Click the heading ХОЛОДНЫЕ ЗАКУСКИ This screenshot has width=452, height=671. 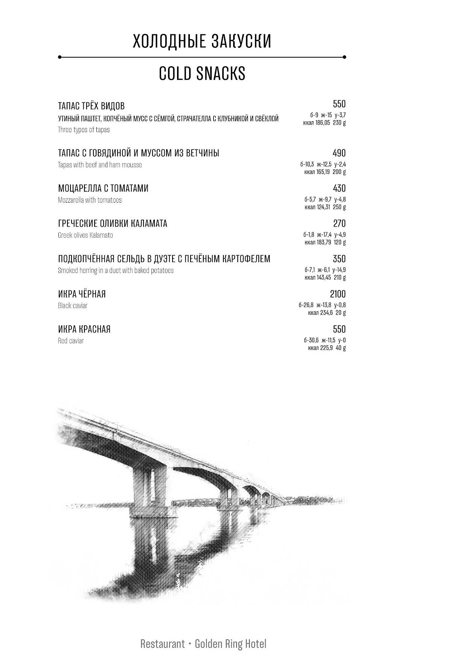(202, 41)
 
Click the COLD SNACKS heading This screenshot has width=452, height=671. (202, 73)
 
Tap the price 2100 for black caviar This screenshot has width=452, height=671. (338, 294)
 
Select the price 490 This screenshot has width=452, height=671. (339, 153)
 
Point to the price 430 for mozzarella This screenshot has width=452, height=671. (339, 188)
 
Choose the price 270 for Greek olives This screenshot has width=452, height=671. (339, 224)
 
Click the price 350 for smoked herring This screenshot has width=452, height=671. (339, 259)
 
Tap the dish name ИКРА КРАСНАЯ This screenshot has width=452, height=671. (84, 329)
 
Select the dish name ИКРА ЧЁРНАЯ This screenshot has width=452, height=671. (82, 294)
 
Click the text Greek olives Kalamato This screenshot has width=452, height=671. (85, 235)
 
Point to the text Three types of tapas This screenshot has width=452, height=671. (84, 130)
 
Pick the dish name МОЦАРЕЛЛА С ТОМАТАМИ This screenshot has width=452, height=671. (103, 188)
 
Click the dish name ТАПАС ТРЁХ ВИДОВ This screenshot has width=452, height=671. (91, 106)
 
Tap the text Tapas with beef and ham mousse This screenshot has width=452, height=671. (100, 165)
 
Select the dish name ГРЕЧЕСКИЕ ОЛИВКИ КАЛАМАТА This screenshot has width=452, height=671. (113, 224)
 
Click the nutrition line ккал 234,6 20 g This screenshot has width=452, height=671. (327, 313)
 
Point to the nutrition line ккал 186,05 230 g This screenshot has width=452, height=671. (324, 123)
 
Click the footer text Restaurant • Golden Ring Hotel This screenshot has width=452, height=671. (203, 644)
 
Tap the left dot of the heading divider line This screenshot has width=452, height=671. (60, 57)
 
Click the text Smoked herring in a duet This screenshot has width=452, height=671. (116, 271)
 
